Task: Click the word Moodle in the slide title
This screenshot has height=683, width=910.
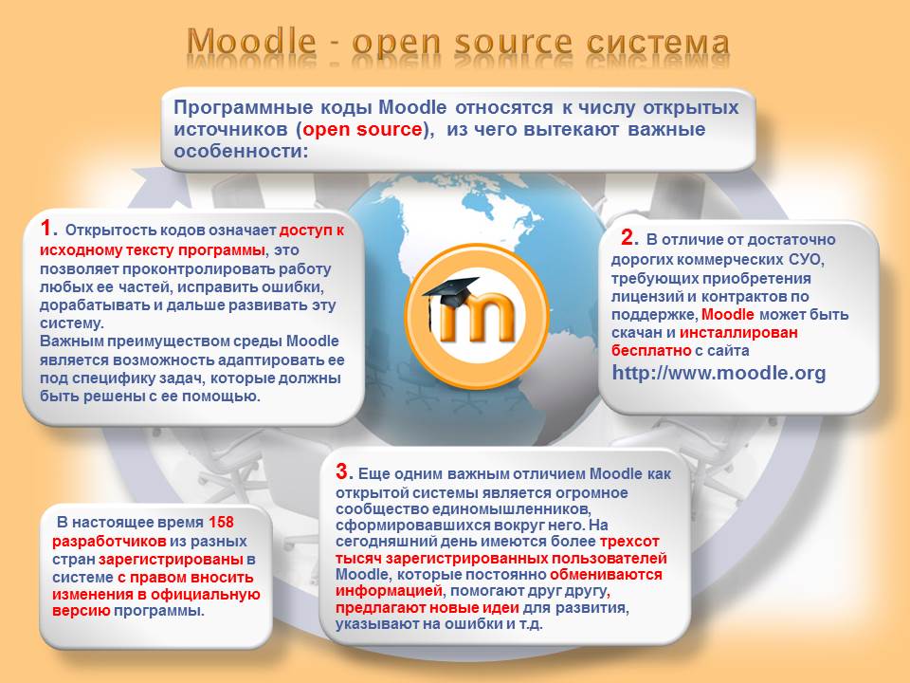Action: tap(252, 42)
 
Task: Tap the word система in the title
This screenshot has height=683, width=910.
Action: tap(658, 43)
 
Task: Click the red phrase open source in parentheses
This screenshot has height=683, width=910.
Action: tap(362, 129)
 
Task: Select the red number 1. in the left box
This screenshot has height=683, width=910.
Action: tap(48, 228)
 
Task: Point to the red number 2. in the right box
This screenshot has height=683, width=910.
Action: tap(629, 237)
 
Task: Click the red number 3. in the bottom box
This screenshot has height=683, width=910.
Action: tap(344, 471)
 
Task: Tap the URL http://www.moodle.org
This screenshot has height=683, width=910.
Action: tap(719, 372)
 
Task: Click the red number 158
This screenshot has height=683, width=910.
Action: tap(221, 522)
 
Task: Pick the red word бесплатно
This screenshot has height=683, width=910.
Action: tap(651, 351)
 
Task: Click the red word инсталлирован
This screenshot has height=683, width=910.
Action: tap(738, 332)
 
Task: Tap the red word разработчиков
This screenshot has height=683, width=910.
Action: tap(109, 542)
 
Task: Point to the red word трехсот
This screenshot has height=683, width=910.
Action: tap(629, 542)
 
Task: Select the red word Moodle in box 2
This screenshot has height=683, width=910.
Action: tap(728, 314)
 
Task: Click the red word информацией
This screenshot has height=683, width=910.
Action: tap(389, 591)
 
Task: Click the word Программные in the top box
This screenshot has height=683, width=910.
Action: tap(244, 108)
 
